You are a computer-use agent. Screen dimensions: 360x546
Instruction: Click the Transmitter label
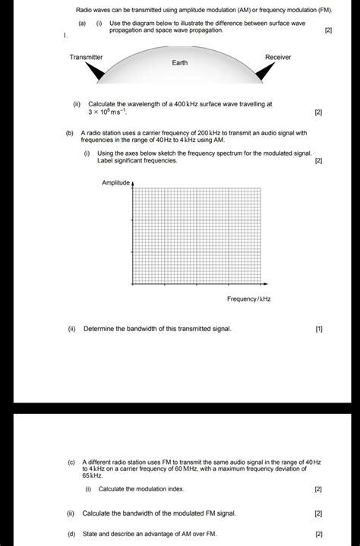(86, 58)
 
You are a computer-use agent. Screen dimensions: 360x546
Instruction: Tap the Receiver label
(278, 58)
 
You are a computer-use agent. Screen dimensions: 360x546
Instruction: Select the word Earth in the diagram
(180, 63)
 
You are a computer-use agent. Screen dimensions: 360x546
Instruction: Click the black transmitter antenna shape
(96, 71)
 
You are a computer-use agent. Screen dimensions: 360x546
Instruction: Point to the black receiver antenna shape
(264, 71)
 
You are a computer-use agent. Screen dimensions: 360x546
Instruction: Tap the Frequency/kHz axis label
(248, 299)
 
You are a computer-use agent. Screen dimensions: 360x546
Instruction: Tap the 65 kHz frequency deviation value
(92, 475)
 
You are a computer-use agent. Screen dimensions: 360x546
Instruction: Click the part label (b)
(70, 133)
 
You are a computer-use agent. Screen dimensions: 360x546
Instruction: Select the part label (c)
(71, 462)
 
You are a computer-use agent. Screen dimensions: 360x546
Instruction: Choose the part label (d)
(71, 534)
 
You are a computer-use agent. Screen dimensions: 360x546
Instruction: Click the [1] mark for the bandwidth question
(318, 329)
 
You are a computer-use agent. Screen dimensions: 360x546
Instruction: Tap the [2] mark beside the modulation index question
(318, 489)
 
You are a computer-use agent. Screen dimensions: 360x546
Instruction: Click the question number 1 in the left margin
(65, 36)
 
